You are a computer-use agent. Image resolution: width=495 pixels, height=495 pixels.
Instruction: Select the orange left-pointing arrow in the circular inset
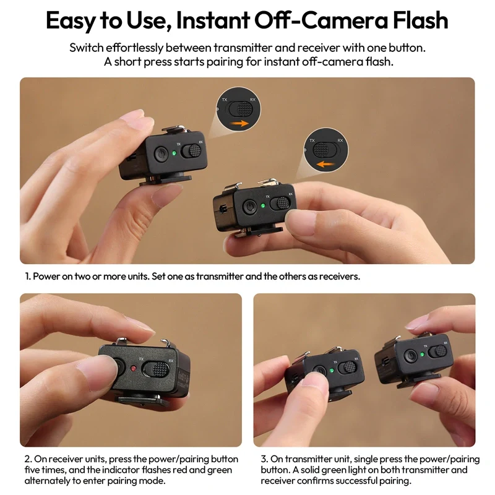(x=326, y=165)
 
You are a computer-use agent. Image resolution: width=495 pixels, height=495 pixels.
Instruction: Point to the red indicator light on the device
(x=133, y=369)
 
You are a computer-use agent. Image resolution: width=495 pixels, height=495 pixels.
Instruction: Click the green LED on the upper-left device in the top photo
(x=175, y=153)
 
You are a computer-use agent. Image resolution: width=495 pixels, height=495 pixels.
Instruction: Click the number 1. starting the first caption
(x=28, y=277)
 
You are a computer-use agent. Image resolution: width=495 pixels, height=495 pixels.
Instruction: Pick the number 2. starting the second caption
(x=28, y=459)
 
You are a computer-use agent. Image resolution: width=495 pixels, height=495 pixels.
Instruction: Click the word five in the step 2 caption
(x=35, y=470)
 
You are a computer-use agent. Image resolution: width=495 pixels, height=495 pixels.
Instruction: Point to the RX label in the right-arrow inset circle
(x=252, y=99)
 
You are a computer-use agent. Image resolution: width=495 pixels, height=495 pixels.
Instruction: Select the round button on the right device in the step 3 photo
(x=410, y=356)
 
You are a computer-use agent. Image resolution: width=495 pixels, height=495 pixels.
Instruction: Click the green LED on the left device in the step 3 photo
(x=332, y=371)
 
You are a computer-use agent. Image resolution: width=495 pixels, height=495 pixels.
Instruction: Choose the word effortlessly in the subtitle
(x=132, y=48)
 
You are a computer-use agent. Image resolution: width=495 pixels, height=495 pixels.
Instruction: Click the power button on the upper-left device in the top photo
(x=160, y=155)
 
